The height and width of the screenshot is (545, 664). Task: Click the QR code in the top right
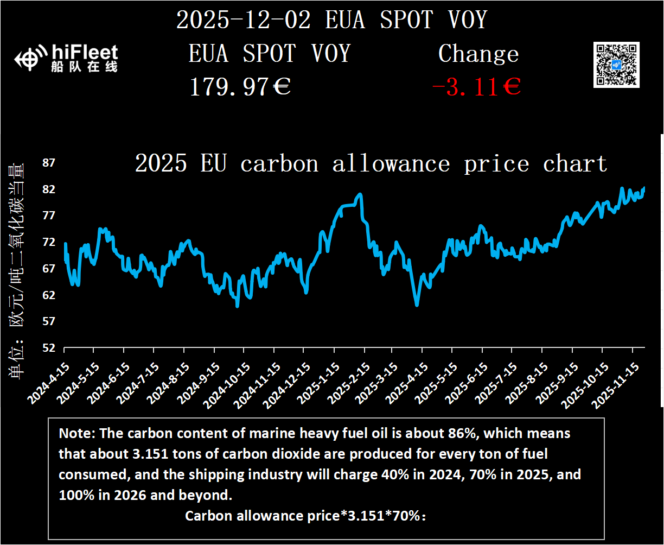pyautogui.click(x=617, y=64)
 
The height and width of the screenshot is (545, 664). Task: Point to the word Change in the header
pyautogui.click(x=478, y=54)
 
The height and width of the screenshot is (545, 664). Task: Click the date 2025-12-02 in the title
pyautogui.click(x=244, y=20)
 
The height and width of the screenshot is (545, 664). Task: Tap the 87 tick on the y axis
pyautogui.click(x=49, y=163)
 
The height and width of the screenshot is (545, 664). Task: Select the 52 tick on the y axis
pyautogui.click(x=49, y=347)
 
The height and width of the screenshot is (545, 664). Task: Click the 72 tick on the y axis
pyautogui.click(x=49, y=242)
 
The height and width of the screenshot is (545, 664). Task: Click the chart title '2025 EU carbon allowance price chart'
pyautogui.click(x=371, y=163)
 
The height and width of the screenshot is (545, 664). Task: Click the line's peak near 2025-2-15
pyautogui.click(x=359, y=194)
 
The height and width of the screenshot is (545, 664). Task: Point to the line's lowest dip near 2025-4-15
pyautogui.click(x=417, y=305)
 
